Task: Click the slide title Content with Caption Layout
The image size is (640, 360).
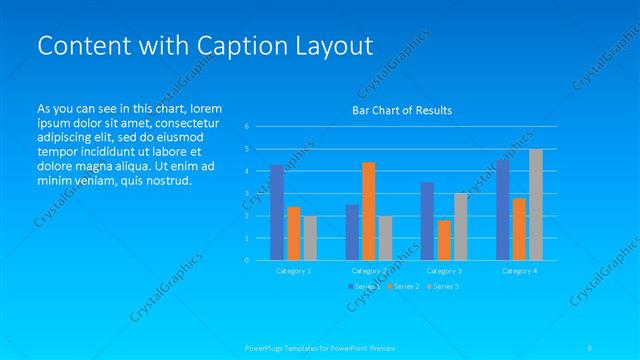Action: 204,45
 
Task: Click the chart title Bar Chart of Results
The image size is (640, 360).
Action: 402,110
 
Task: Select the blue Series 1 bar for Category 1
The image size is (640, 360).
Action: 277,212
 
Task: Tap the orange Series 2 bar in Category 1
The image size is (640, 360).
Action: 293,233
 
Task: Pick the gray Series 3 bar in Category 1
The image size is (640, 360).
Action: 309,238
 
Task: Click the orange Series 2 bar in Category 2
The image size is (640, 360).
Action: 369,211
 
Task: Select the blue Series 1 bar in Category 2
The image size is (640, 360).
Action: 352,232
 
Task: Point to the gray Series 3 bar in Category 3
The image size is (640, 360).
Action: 460,227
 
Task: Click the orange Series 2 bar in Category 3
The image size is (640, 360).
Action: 444,240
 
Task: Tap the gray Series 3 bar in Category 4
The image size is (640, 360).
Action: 536,204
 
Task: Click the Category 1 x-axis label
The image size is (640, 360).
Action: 293,271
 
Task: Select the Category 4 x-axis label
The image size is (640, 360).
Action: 519,271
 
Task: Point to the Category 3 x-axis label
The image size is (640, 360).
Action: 444,271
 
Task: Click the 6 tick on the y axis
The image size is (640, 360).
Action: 246,127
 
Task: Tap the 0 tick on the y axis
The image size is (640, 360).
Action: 246,260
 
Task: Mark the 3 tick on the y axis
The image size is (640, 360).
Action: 246,194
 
